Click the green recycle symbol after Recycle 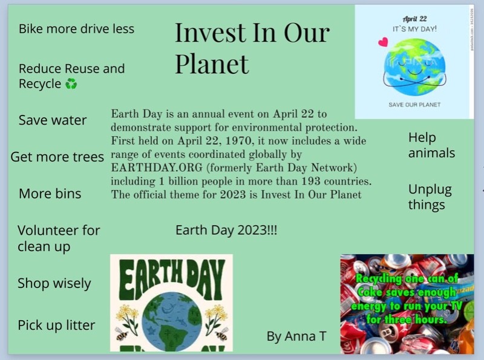71,83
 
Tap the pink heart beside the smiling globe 383,42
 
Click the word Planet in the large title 212,64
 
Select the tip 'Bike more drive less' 77,28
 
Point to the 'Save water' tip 53,120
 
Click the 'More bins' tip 50,194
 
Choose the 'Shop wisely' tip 54,283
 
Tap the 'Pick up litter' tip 56,325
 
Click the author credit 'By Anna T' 296,336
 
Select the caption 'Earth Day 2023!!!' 226,231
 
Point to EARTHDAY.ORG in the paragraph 157,168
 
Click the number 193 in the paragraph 311,181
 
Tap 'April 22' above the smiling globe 414,19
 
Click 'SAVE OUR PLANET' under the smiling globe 414,105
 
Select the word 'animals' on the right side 431,153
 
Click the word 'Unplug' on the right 430,190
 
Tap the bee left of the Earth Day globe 122,335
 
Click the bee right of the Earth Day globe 221,335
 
